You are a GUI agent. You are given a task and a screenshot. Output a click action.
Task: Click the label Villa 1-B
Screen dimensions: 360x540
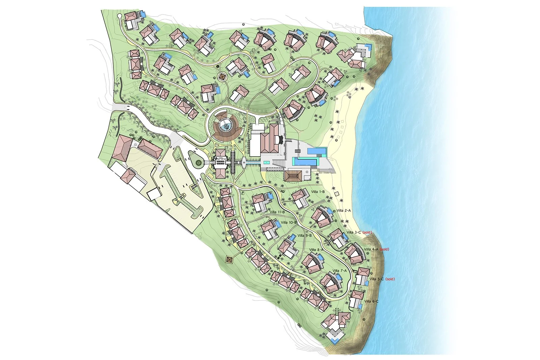coord(318,192)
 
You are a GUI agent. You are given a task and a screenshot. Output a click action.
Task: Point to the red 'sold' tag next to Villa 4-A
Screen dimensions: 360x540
coord(384,249)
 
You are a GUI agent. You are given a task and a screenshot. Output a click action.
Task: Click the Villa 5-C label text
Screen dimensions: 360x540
coord(377,279)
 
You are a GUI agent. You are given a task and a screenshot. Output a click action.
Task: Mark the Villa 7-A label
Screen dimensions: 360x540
coord(340,271)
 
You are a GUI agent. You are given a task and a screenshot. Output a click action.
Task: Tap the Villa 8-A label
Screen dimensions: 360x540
coord(316,250)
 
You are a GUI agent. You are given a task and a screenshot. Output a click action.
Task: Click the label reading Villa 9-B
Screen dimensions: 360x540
coord(304,236)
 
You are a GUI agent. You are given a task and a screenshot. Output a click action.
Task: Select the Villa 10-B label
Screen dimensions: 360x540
coord(289,222)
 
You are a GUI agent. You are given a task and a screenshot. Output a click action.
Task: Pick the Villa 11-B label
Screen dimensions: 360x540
coord(277,212)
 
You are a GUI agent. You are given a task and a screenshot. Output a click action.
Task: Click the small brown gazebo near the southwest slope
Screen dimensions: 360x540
coord(230,260)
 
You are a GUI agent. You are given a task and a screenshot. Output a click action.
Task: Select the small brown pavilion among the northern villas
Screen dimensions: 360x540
coord(222,77)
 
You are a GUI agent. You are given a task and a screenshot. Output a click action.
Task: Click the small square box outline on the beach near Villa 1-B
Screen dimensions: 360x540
coord(336,194)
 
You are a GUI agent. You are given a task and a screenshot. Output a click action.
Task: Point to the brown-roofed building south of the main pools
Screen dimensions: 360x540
coord(293,176)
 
